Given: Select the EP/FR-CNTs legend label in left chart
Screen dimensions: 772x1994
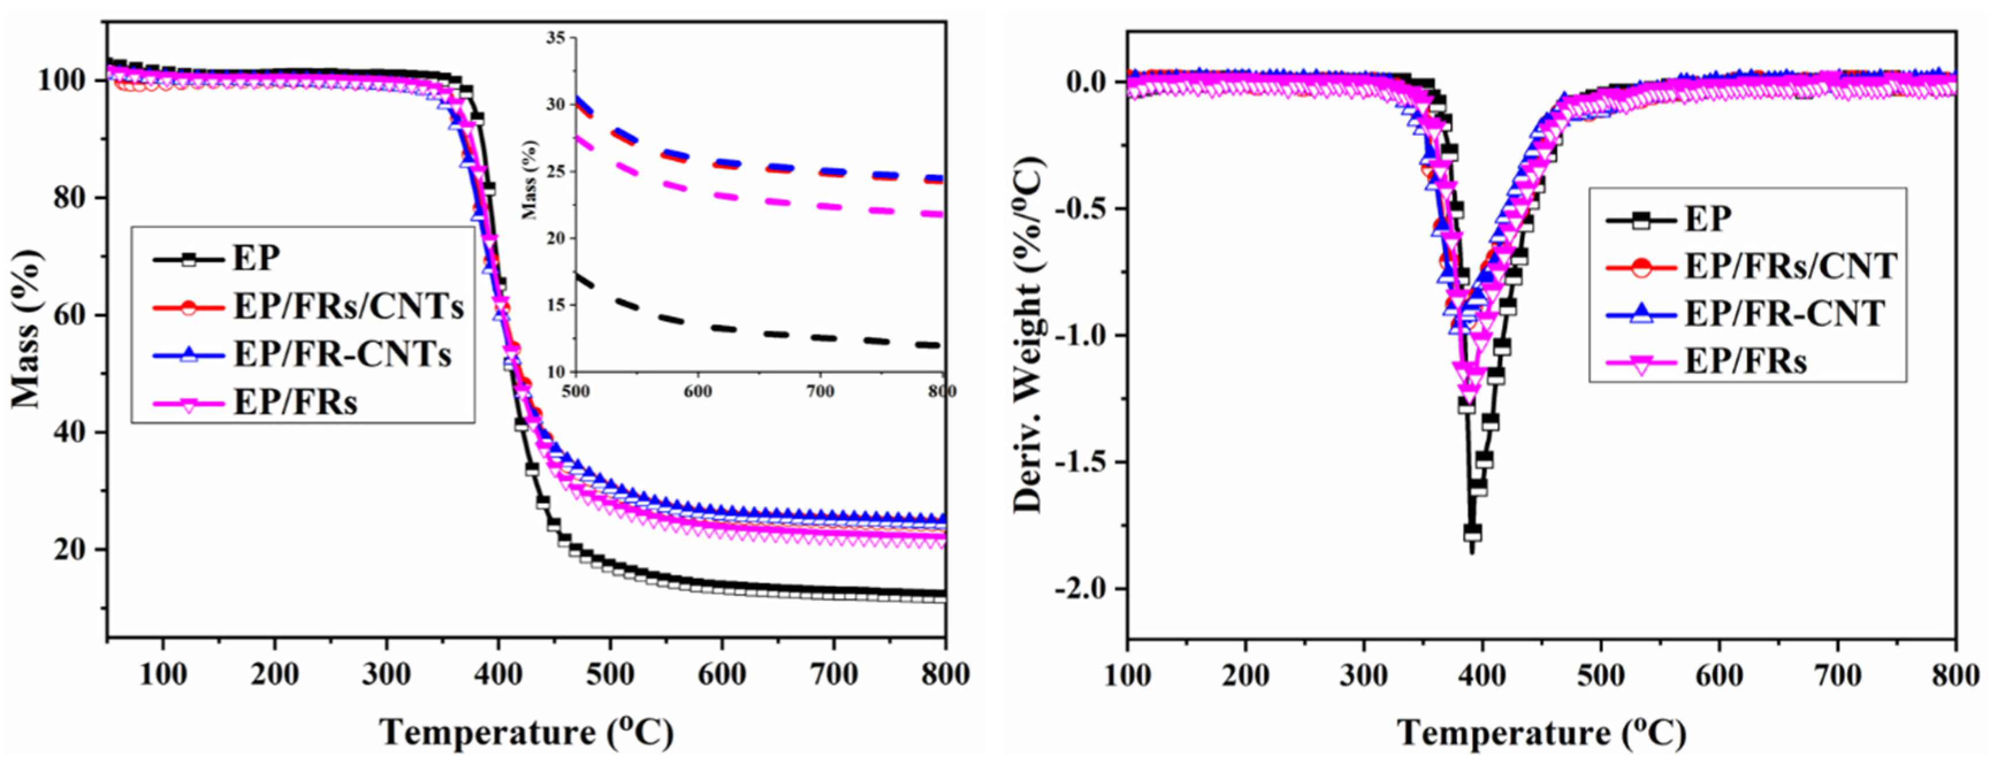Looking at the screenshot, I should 342,354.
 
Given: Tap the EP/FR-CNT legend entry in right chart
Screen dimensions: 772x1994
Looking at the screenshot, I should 1784,314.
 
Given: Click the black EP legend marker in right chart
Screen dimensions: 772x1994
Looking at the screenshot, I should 1640,219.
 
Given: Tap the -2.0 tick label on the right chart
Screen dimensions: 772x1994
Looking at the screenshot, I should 1078,589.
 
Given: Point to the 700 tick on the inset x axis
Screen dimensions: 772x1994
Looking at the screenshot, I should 820,392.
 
